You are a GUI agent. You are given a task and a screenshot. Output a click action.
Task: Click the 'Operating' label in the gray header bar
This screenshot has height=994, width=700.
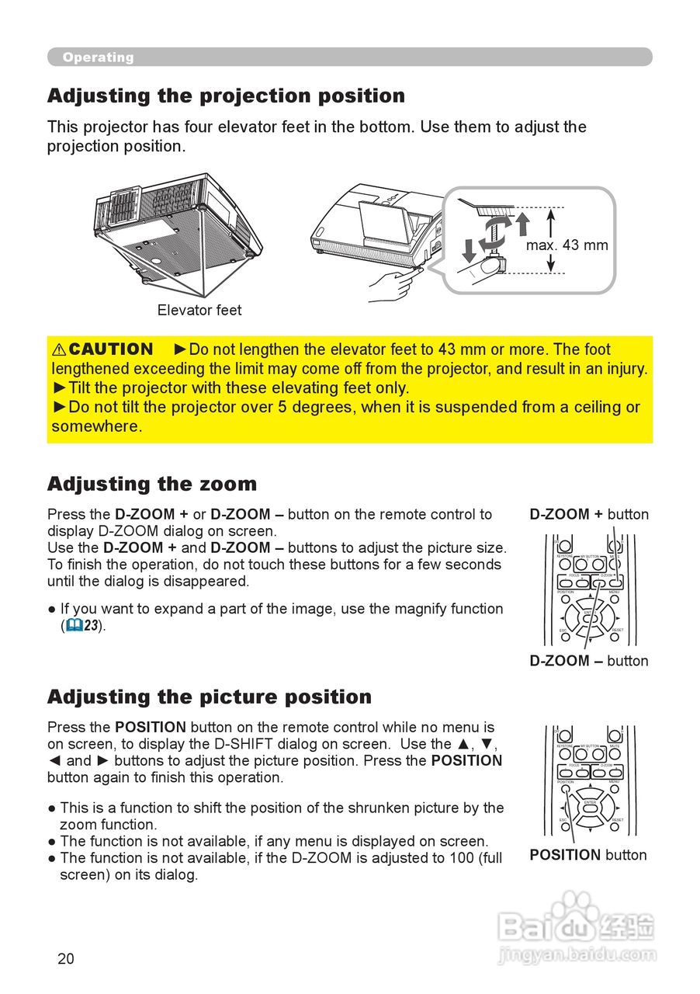click(98, 57)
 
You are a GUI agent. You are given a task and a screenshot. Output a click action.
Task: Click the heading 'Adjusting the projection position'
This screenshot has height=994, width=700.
click(226, 96)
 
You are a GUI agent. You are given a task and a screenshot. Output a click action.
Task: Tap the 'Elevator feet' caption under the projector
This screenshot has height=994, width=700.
click(199, 311)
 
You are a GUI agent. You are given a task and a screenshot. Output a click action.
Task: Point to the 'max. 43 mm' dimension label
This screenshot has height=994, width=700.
click(567, 245)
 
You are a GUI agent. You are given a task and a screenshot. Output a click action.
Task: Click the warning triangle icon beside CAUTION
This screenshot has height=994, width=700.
click(59, 350)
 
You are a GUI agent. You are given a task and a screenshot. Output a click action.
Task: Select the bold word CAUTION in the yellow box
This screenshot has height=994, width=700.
click(111, 349)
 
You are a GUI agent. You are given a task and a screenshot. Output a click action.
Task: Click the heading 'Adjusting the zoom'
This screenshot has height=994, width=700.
click(152, 485)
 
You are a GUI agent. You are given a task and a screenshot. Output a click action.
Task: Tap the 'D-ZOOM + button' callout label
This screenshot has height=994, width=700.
click(589, 514)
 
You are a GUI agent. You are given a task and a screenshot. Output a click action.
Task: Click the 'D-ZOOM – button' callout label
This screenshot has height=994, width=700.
click(589, 661)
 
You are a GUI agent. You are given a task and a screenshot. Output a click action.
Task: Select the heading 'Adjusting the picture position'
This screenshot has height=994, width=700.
click(210, 697)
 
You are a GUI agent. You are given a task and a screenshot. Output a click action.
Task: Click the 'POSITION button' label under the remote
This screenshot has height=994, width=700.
click(587, 855)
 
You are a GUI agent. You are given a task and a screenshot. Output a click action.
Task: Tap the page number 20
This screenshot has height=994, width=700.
click(66, 959)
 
